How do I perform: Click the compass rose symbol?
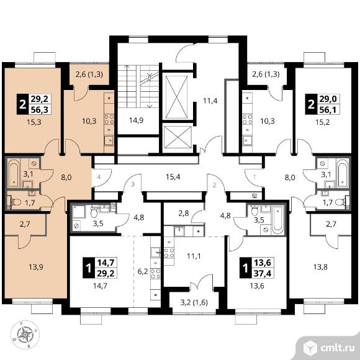pyautogui.click(x=25, y=335)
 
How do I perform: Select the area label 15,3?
pyautogui.click(x=34, y=122)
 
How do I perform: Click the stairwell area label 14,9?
pyautogui.click(x=137, y=120)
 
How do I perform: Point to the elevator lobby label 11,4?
pyautogui.click(x=210, y=101)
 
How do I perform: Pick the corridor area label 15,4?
pyautogui.click(x=173, y=177)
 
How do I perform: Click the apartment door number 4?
pyautogui.click(x=99, y=177)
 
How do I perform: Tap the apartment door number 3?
pyautogui.click(x=133, y=184)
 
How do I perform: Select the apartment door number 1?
pyautogui.click(x=254, y=177)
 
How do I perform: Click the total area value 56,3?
pyautogui.click(x=40, y=110)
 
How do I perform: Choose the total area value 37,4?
pyautogui.click(x=263, y=273)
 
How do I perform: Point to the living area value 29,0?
pyautogui.click(x=328, y=99)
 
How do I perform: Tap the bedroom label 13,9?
pyautogui.click(x=36, y=267)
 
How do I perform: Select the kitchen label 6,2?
pyautogui.click(x=142, y=272)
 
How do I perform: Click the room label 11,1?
pyautogui.click(x=194, y=256)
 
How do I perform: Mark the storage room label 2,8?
pyautogui.click(x=184, y=214)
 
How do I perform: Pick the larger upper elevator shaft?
pyautogui.click(x=176, y=97)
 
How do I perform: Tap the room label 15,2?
pyautogui.click(x=322, y=122)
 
